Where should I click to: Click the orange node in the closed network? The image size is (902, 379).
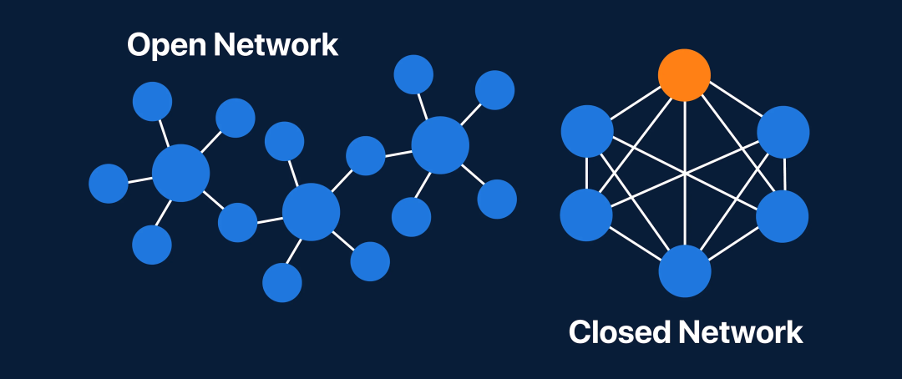coord(684,75)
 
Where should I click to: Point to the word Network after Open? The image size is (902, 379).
coord(276,44)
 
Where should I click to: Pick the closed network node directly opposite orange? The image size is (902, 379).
coord(685,271)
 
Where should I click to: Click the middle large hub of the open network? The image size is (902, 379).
coord(311,212)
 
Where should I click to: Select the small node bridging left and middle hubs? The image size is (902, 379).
coord(237,222)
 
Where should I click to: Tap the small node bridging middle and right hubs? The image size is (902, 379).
coord(365,155)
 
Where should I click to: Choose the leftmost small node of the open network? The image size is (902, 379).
coord(109,184)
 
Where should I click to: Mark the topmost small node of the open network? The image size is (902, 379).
coord(413,74)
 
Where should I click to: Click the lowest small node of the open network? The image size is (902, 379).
coord(282,282)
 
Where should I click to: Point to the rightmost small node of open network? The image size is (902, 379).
coord(497,199)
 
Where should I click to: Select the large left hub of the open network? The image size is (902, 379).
coord(180,173)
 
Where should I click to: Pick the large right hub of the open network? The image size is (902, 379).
coord(440,145)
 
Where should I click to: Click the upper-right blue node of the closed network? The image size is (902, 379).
coord(783,132)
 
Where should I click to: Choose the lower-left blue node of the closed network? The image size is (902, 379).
coord(586,215)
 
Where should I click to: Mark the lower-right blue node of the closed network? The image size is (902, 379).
coord(783,215)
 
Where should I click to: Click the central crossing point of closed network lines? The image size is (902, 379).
coord(685,174)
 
